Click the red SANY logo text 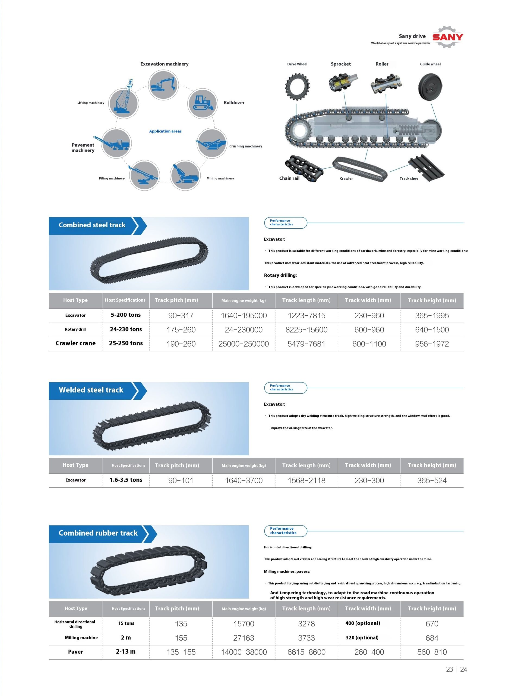click(448, 37)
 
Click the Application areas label click(165, 131)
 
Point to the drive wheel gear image click(297, 86)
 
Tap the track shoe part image click(426, 167)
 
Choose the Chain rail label click(289, 178)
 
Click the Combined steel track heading click(92, 225)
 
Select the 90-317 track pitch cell click(181, 316)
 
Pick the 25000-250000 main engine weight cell click(244, 344)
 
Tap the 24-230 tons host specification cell click(126, 329)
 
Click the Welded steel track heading click(91, 390)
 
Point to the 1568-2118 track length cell click(306, 481)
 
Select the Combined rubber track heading click(98, 533)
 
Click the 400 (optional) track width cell click(363, 623)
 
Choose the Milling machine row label click(81, 638)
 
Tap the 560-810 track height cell click(432, 652)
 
